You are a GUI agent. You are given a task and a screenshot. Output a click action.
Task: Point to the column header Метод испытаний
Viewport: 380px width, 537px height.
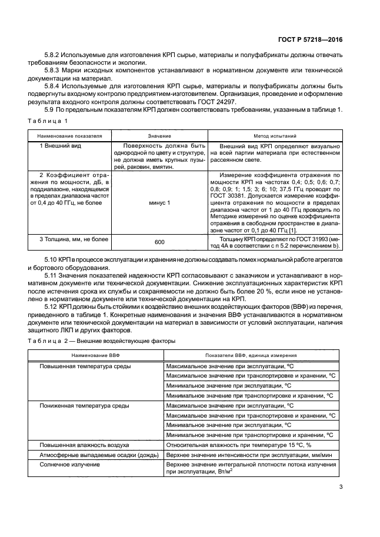[x=274, y=135]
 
